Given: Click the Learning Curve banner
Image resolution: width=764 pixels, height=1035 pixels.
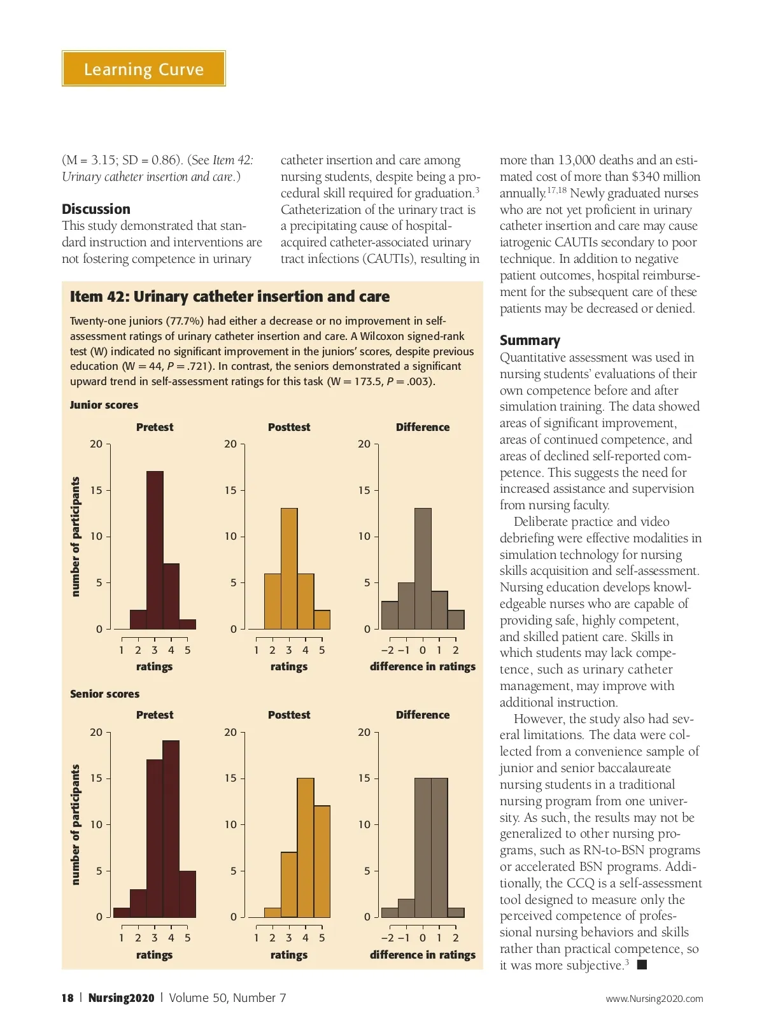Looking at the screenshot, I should coord(144,69).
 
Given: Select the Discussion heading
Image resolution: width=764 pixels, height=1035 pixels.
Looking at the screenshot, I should coord(96,209).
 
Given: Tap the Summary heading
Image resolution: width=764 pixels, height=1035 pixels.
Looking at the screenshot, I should coord(530,340).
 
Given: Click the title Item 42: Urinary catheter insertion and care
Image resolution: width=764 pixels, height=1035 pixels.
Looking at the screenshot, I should coord(230,297).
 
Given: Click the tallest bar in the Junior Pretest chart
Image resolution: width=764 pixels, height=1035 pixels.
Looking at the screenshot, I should coord(155,550).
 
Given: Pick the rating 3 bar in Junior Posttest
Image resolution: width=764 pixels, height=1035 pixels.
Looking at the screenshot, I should coord(289,568).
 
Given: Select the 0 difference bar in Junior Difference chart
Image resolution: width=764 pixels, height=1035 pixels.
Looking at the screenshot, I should coord(423,568).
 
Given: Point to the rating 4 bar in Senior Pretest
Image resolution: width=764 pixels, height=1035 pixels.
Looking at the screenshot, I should coord(171,828).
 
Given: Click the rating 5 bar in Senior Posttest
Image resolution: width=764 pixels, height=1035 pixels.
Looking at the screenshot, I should coord(322,861).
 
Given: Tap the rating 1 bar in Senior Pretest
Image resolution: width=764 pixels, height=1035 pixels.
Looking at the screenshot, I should coord(122,912).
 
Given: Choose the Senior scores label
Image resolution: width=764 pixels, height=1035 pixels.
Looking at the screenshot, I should coord(104,694).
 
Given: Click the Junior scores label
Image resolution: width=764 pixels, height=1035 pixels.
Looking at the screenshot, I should coord(104,405).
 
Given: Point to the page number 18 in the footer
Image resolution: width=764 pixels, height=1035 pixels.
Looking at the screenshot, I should coord(67,998).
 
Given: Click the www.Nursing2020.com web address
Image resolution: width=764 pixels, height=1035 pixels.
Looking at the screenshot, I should coord(654,999).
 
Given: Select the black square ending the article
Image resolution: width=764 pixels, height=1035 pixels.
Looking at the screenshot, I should coord(642,965).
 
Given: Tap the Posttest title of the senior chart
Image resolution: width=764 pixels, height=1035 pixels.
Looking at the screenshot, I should coord(289,715).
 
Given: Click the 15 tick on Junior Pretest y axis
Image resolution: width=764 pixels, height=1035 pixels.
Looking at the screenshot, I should coord(96,490).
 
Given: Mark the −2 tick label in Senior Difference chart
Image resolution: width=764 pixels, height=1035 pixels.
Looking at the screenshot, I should coord(387,938).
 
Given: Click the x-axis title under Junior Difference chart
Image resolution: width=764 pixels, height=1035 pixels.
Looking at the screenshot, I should coord(423,666).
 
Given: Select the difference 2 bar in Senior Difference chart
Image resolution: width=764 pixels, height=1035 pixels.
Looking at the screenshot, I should coord(456,912).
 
